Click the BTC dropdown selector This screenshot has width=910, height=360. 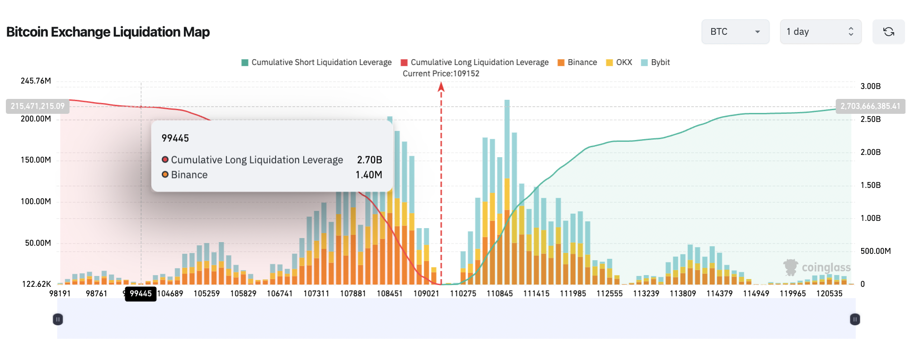[735, 32]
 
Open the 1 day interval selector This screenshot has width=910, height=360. [820, 32]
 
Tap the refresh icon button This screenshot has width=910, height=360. [888, 32]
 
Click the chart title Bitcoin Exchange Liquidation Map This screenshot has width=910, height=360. [108, 32]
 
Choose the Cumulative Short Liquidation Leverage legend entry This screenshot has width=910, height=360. [316, 62]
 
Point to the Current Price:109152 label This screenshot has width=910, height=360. [441, 74]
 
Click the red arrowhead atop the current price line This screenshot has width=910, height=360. [441, 87]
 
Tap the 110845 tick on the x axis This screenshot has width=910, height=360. [500, 294]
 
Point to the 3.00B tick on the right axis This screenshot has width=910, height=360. [870, 86]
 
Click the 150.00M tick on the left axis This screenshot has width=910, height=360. [36, 160]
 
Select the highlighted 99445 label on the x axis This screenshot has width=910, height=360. [141, 294]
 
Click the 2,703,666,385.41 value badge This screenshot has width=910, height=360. [870, 106]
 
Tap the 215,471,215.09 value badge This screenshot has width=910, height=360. [38, 106]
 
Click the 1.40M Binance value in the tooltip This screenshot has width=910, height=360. [369, 175]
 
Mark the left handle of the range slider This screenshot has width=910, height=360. [58, 319]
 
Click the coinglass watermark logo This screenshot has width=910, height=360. [817, 267]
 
